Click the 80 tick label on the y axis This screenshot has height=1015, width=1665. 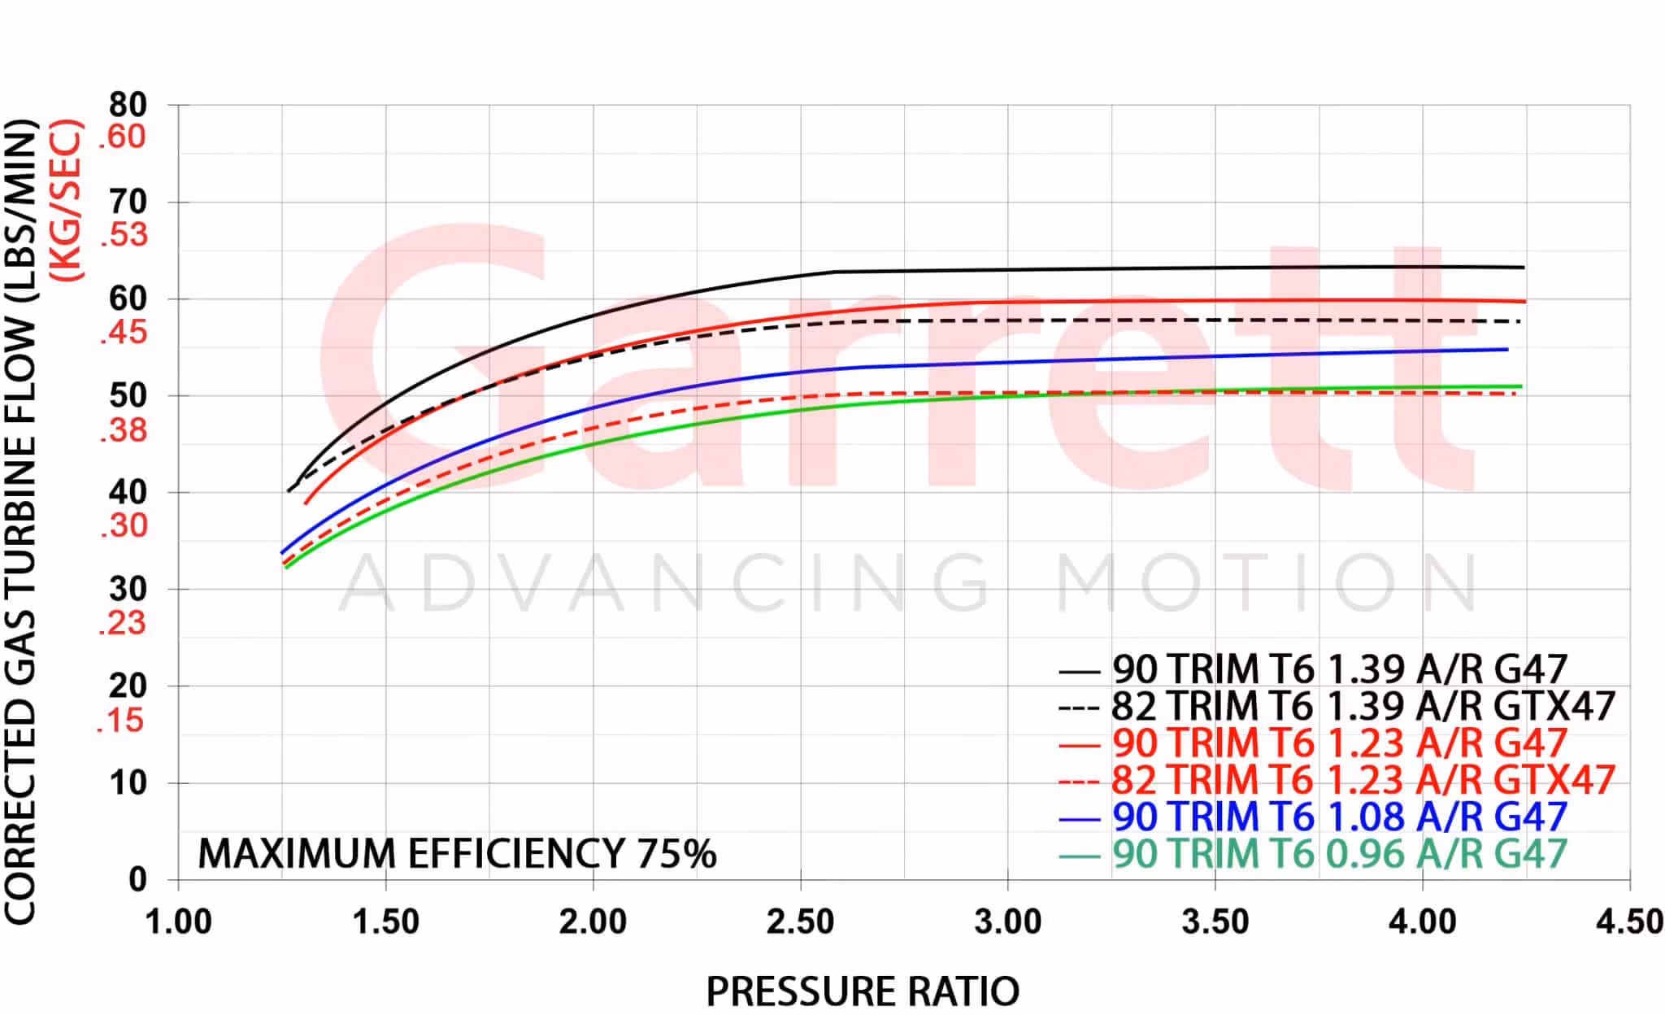[x=128, y=105]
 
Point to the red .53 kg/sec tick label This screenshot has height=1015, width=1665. [x=124, y=235]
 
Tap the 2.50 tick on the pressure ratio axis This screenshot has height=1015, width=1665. [x=801, y=921]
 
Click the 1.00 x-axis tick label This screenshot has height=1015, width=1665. [x=178, y=921]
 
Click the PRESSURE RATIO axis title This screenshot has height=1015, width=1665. [x=862, y=991]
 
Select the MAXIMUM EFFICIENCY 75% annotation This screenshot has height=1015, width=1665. [x=457, y=853]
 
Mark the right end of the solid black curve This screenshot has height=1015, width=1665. [x=1523, y=268]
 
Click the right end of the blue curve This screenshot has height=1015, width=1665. [x=1507, y=350]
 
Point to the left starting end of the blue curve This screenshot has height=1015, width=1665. [x=282, y=552]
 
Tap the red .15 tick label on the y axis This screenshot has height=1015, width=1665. [x=120, y=721]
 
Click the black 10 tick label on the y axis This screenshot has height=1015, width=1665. [x=128, y=782]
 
